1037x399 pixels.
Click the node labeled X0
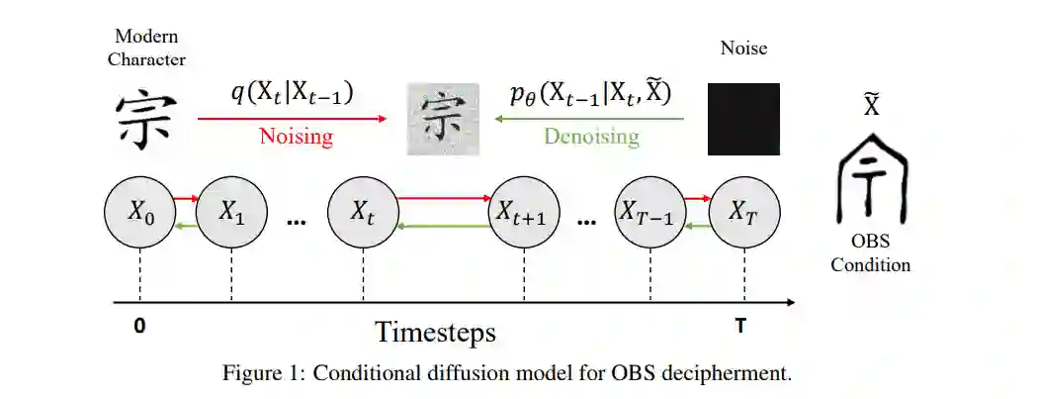point(139,211)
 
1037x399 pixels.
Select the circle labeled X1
point(231,211)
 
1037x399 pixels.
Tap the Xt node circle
point(362,211)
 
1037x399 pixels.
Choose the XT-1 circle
point(648,211)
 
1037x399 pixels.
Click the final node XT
point(742,211)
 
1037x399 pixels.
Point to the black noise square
point(743,119)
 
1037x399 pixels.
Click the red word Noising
point(296,137)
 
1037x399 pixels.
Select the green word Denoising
point(591,137)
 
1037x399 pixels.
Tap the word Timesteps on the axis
point(435,332)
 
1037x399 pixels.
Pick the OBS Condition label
point(870,253)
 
